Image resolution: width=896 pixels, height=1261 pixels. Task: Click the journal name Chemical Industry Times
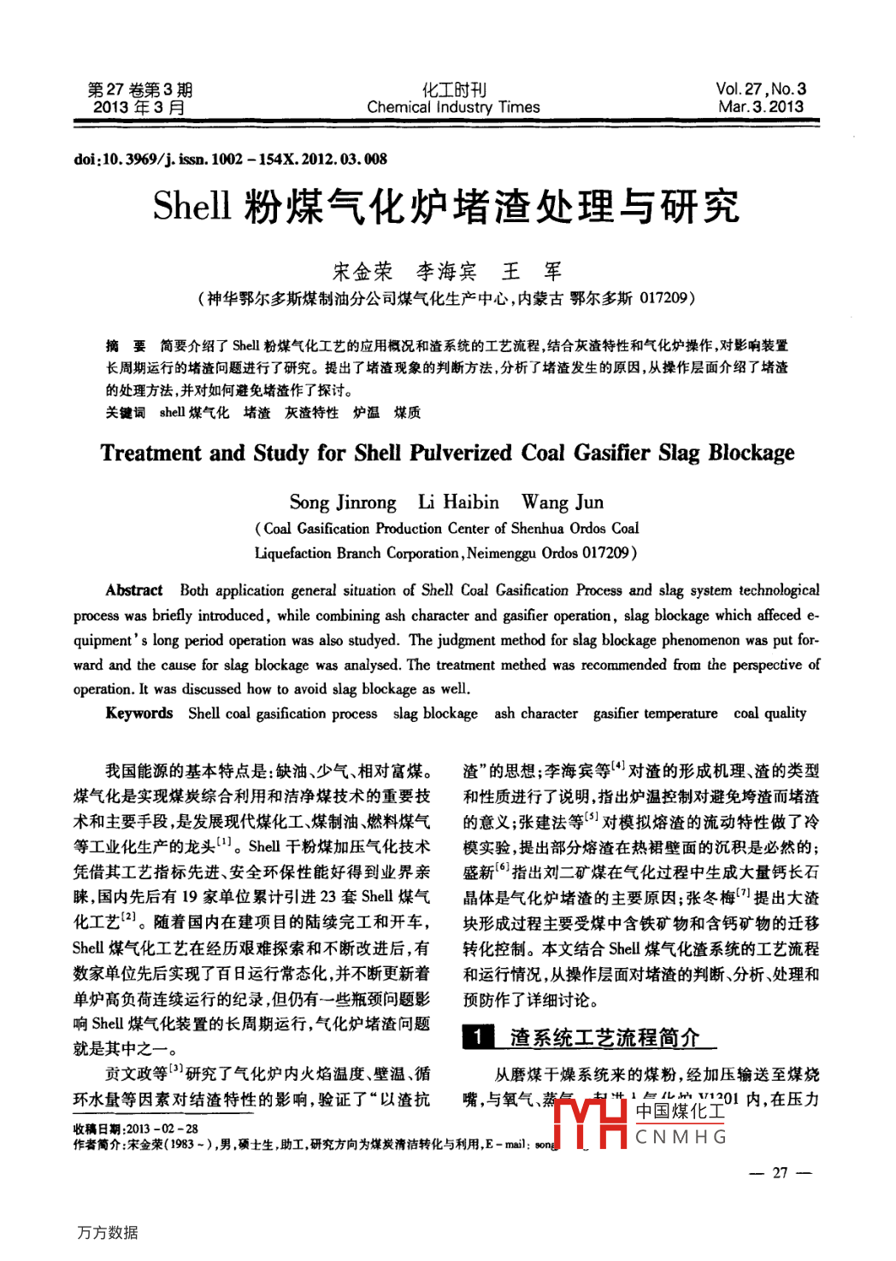click(453, 108)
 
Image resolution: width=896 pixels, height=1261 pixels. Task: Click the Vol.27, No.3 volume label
click(761, 89)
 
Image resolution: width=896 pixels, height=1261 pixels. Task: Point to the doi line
click(230, 159)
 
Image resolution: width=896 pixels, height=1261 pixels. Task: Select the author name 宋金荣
click(363, 272)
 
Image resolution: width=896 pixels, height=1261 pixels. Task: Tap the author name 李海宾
click(446, 272)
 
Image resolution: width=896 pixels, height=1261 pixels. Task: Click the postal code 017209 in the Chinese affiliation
click(663, 298)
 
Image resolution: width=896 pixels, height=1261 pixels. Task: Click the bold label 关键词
click(126, 413)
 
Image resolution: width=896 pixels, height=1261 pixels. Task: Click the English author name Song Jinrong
click(343, 501)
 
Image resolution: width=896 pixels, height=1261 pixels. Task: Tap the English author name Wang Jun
click(563, 501)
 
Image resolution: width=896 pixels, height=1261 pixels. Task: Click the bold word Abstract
click(134, 590)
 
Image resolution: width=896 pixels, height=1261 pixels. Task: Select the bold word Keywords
click(139, 713)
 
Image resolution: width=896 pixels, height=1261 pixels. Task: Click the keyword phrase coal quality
click(769, 713)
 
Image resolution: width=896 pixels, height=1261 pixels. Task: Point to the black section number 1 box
click(479, 1037)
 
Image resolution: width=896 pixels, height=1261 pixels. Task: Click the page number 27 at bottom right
click(780, 1173)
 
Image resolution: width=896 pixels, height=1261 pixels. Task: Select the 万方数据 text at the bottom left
click(108, 1232)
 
